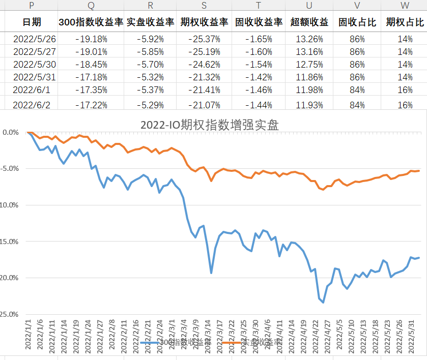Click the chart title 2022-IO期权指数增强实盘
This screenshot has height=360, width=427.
click(x=210, y=125)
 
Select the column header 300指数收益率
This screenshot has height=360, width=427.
click(x=91, y=22)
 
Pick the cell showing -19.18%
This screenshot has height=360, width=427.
click(x=91, y=39)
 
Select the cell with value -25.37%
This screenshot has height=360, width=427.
click(x=204, y=39)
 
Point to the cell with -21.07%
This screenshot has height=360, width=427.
click(x=204, y=105)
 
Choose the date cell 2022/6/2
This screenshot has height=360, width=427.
click(x=32, y=105)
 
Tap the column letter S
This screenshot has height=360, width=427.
click(x=204, y=5)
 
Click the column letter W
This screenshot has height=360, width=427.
click(x=405, y=5)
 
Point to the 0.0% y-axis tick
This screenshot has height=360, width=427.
click(x=11, y=133)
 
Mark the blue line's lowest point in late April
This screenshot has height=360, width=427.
click(x=323, y=303)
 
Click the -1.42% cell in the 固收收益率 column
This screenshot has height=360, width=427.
click(x=259, y=77)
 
